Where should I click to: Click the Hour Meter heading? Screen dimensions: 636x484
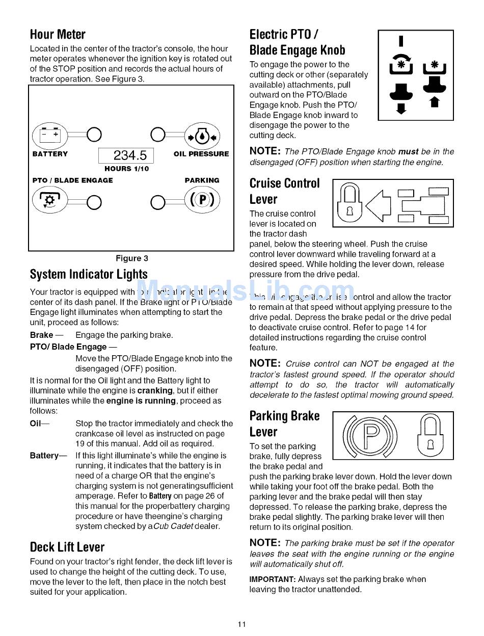coord(58,35)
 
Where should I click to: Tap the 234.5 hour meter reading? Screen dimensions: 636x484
coord(129,155)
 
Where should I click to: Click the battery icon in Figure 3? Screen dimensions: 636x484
coord(50,135)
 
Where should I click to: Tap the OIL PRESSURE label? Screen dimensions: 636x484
coord(201,154)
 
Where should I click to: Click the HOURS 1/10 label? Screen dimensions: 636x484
coord(127,169)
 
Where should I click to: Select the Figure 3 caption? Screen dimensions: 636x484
coord(132,258)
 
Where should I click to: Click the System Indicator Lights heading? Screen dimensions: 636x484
coord(89,275)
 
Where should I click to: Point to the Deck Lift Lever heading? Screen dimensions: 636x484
coord(67,547)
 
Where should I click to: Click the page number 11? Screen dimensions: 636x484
coord(242,625)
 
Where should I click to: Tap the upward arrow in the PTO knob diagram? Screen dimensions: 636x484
coord(435,102)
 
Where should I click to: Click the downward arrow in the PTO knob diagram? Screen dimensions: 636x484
coord(401,108)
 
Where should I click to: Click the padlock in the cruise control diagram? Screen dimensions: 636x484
coord(349,203)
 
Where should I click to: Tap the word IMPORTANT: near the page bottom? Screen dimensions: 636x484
coord(272,579)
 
